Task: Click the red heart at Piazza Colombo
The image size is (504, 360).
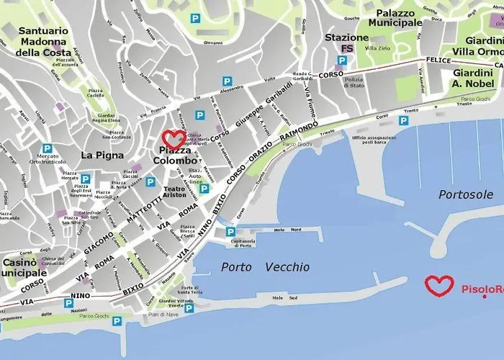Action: (x=174, y=139)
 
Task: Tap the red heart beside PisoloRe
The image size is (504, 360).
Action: (x=438, y=286)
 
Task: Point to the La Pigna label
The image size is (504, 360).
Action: (x=102, y=155)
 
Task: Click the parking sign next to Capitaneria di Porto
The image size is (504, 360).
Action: (x=230, y=232)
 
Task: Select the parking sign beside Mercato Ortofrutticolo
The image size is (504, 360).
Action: (x=47, y=148)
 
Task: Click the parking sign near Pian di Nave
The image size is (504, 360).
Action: (x=189, y=308)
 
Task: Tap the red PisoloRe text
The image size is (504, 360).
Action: (x=482, y=289)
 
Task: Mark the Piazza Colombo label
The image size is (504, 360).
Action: (x=174, y=156)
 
